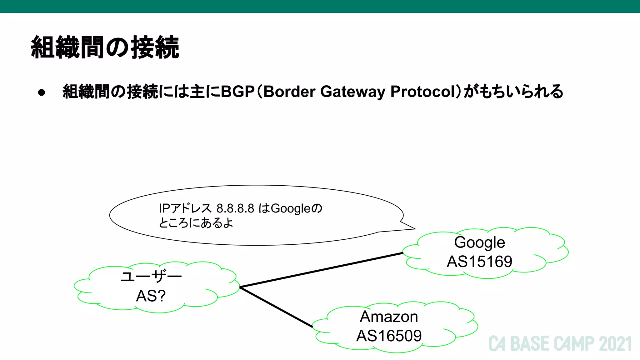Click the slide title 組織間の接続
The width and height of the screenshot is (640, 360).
[105, 47]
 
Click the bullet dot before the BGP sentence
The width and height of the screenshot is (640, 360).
[42, 92]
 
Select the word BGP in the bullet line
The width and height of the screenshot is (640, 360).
[237, 92]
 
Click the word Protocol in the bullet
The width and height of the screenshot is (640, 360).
[423, 92]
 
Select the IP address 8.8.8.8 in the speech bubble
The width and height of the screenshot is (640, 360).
[235, 208]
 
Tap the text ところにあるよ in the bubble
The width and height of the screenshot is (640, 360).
[196, 223]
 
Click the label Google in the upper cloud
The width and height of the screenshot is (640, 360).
[479, 242]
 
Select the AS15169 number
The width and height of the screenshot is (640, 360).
[479, 262]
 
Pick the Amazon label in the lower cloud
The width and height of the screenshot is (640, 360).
[389, 317]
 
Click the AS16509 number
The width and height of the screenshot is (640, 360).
[389, 336]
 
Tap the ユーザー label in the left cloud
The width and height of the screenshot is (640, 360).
[151, 277]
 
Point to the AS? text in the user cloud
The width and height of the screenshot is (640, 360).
[151, 296]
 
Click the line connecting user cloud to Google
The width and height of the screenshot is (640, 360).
[322, 270]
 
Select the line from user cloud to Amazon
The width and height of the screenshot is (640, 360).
[277, 307]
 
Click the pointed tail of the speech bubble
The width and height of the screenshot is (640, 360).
[409, 228]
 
